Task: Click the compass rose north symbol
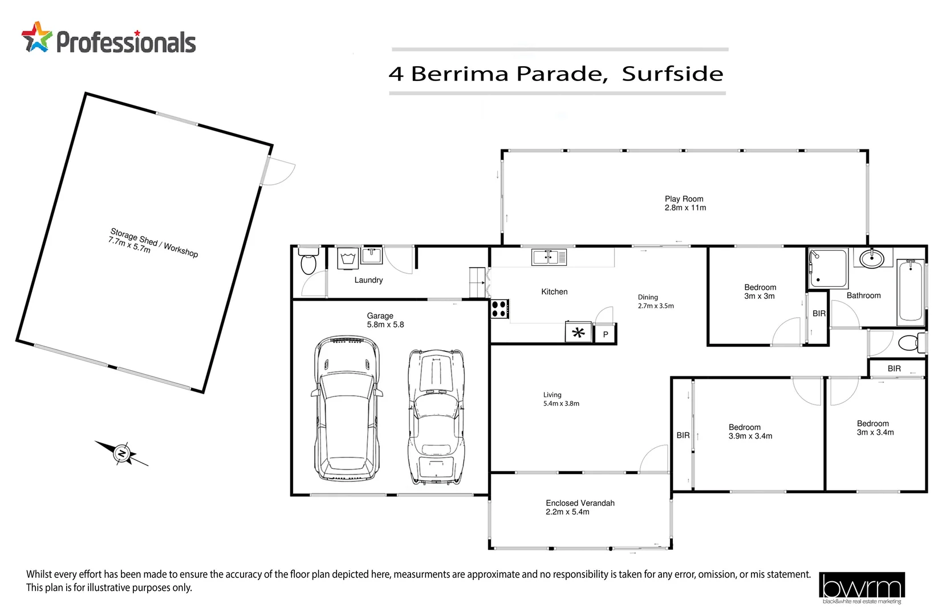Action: [x=121, y=453]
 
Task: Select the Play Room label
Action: [x=684, y=199]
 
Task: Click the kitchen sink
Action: [x=549, y=257]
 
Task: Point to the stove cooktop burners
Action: [x=500, y=309]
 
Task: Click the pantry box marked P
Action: [x=605, y=334]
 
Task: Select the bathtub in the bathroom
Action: [x=910, y=291]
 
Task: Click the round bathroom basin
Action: [x=871, y=259]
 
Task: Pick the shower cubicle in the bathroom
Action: [x=829, y=268]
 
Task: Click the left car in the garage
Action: [x=347, y=408]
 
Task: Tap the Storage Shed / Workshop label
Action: [x=154, y=243]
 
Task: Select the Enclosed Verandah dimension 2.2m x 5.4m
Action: [x=567, y=512]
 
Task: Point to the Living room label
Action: [x=552, y=395]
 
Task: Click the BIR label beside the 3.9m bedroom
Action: [x=683, y=435]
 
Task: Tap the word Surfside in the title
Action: [x=672, y=74]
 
